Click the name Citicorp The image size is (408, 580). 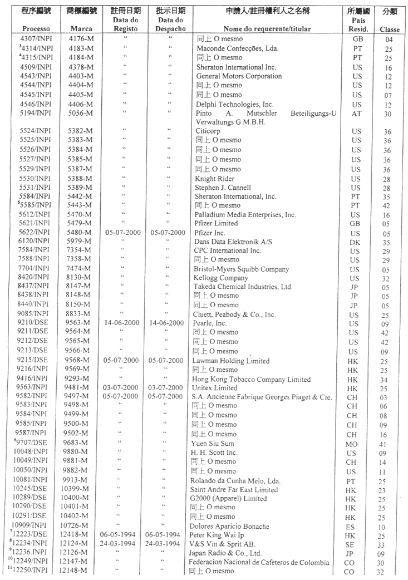click(199, 131)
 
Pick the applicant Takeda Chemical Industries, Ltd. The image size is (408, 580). click(239, 287)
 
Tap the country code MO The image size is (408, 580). click(357, 444)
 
